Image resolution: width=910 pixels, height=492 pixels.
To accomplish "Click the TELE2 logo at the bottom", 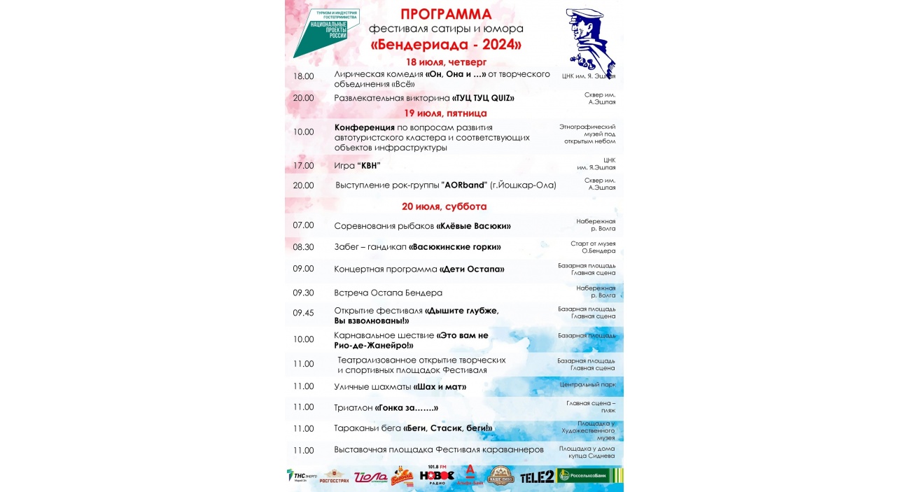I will pyautogui.click(x=538, y=477).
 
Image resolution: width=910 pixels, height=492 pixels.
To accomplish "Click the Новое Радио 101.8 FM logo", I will pyautogui.click(x=437, y=475).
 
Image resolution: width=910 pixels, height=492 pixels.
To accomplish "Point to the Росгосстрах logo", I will pyautogui.click(x=334, y=477).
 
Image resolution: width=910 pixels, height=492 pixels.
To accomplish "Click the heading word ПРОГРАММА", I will pyautogui.click(x=446, y=14).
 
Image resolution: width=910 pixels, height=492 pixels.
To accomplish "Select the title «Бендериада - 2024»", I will pyautogui.click(x=446, y=45).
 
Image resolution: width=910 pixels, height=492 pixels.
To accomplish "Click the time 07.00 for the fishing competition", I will pyautogui.click(x=303, y=225).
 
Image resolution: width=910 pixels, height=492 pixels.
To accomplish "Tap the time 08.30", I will pyautogui.click(x=303, y=247).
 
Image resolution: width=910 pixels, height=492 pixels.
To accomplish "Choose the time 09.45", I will pyautogui.click(x=303, y=313).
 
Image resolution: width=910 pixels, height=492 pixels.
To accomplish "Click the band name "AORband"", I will pyautogui.click(x=464, y=185).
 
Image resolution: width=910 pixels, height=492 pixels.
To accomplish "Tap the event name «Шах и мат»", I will pyautogui.click(x=440, y=386).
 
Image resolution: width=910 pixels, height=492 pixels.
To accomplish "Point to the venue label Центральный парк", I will pyautogui.click(x=587, y=384).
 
